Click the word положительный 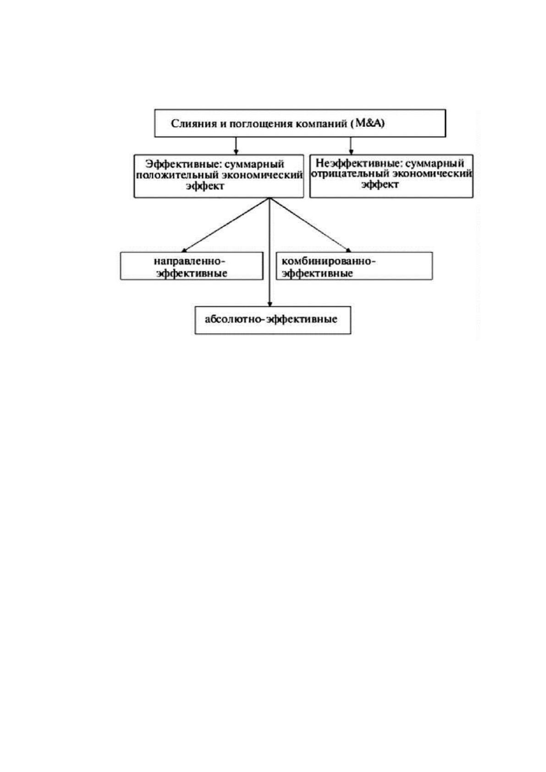177,175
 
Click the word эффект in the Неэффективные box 380,185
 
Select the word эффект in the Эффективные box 205,186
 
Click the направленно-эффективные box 192,266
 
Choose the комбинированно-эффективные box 354,266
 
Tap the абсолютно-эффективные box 273,320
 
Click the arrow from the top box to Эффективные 236,145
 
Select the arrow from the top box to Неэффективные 351,145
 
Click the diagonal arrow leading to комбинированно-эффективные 310,225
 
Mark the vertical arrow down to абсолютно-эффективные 270,252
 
